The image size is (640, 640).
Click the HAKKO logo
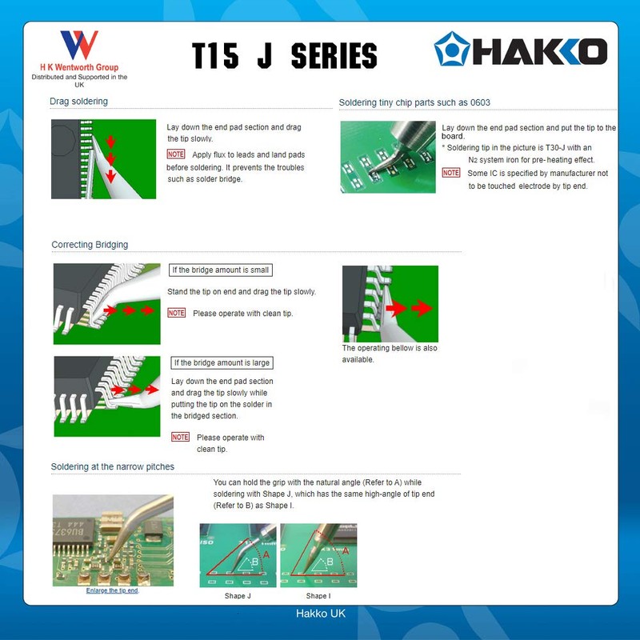[x=521, y=50]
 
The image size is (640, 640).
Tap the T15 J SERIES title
[x=284, y=55]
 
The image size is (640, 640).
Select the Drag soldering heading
[x=78, y=102]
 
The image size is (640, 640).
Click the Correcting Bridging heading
[x=90, y=245]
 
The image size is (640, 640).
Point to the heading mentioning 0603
[x=414, y=102]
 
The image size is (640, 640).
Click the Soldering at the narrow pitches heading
[x=113, y=466]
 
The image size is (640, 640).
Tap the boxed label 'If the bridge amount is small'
[x=220, y=270]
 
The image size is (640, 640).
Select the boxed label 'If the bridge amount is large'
[x=222, y=363]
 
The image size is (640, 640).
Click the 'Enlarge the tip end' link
[x=112, y=590]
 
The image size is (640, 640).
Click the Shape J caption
[x=238, y=596]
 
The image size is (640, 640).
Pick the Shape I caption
[x=318, y=596]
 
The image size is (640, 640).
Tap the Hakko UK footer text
[x=320, y=614]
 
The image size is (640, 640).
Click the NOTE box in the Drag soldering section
[x=176, y=154]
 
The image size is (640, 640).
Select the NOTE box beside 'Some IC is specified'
[x=451, y=173]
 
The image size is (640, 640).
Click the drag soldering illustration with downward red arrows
[x=103, y=159]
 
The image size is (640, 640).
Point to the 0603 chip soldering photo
[x=388, y=157]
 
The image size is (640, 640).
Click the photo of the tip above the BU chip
[x=113, y=541]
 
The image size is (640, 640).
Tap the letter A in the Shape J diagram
[x=266, y=553]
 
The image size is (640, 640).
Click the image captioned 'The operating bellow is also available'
[x=390, y=304]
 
